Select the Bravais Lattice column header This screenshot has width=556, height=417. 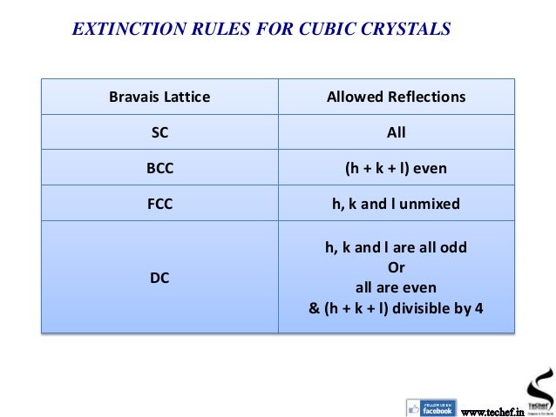[x=159, y=97]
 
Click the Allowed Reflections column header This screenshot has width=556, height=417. [x=396, y=97]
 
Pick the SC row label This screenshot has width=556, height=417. [x=159, y=133]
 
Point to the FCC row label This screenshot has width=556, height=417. [x=159, y=205]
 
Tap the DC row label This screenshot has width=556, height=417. [x=159, y=278]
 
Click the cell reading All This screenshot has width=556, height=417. [x=396, y=133]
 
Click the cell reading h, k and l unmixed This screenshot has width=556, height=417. [x=396, y=205]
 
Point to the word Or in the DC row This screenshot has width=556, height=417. [x=396, y=267]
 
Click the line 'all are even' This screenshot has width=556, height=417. [x=396, y=286]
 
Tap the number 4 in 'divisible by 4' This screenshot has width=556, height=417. [x=478, y=306]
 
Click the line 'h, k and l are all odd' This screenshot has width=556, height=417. [x=396, y=247]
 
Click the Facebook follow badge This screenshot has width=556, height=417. [x=431, y=407]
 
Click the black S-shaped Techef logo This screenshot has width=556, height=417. [x=538, y=384]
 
